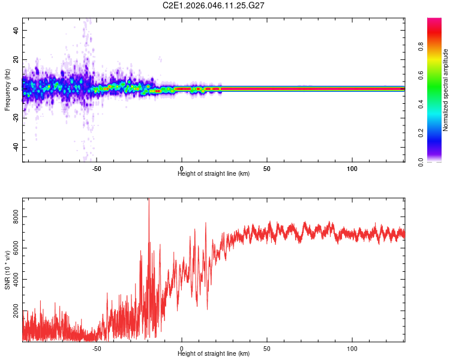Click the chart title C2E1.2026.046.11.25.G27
tap(214, 5)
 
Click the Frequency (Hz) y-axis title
tap(7, 89)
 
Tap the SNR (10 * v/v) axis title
tap(7, 269)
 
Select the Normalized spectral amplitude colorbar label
tap(446, 90)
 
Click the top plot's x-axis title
tap(214, 174)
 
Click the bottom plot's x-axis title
tap(214, 354)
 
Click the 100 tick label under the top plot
tap(352, 168)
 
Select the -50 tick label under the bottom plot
tap(96, 348)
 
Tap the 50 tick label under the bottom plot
tap(266, 348)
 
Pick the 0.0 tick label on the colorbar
tap(422, 161)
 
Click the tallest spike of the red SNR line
tap(149, 200)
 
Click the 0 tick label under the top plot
tap(182, 168)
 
